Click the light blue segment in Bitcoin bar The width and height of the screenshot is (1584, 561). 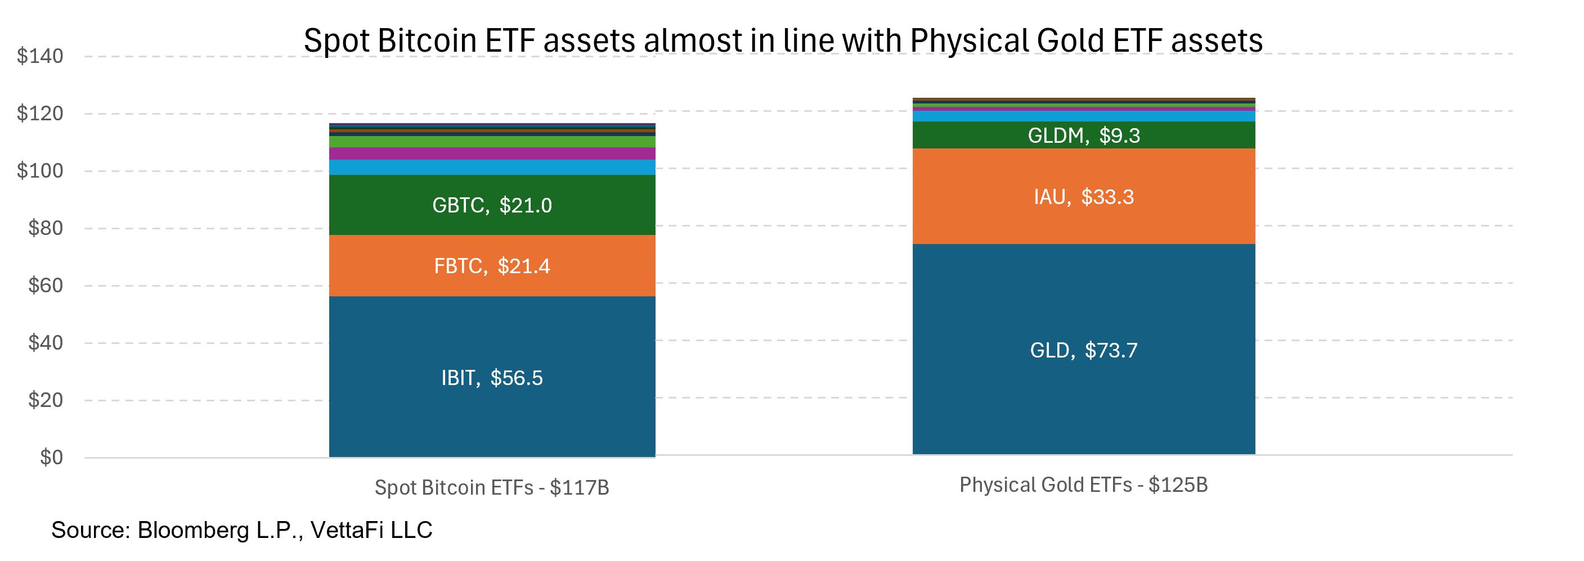pos(492,167)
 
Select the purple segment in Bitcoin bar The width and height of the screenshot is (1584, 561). pos(492,153)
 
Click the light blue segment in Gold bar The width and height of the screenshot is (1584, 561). pos(1083,116)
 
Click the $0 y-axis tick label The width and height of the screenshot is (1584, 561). pos(51,457)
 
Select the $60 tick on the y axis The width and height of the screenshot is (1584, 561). pos(46,286)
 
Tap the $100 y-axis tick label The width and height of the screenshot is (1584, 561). pos(40,171)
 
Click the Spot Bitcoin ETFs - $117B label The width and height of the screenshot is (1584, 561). pos(492,487)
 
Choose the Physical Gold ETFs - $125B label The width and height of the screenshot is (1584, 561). pos(1083,485)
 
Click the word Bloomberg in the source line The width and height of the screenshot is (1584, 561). pos(192,530)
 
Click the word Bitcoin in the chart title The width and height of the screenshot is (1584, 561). pos(426,41)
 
